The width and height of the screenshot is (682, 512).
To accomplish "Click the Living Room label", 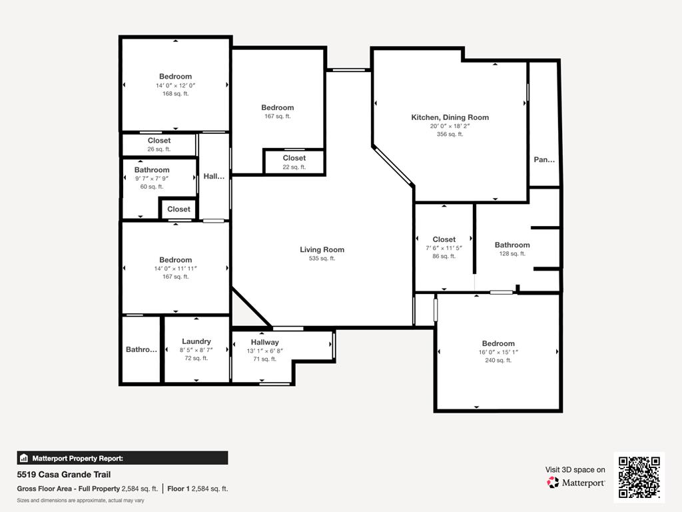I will [x=322, y=250].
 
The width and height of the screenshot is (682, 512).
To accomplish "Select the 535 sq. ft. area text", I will [x=322, y=259].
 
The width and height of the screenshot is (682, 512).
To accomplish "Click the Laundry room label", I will [x=196, y=341].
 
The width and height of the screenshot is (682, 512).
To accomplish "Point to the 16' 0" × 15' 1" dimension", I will [x=498, y=352].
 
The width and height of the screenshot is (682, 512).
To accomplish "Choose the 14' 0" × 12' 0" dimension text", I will [x=175, y=85].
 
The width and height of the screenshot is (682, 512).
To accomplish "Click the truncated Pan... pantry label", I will [x=544, y=160].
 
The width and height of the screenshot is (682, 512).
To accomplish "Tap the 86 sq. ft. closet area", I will [x=444, y=256].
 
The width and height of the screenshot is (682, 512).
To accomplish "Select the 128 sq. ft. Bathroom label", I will [x=512, y=245].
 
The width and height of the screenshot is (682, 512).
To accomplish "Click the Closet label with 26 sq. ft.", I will [x=159, y=141].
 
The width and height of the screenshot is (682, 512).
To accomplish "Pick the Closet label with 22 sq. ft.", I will [x=294, y=158].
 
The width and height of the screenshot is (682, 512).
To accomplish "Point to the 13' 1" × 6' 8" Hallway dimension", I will [x=264, y=351].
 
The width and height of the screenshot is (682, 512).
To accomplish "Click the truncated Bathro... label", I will [x=141, y=349].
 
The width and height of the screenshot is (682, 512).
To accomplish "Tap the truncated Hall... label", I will [x=214, y=177].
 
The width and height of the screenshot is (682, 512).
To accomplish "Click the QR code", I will [x=639, y=477].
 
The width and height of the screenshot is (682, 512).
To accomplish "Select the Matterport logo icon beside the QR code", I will [x=553, y=483].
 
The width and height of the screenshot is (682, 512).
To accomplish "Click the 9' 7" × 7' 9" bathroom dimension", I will [x=151, y=178].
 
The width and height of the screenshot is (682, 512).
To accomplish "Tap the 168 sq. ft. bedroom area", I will [x=175, y=94].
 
